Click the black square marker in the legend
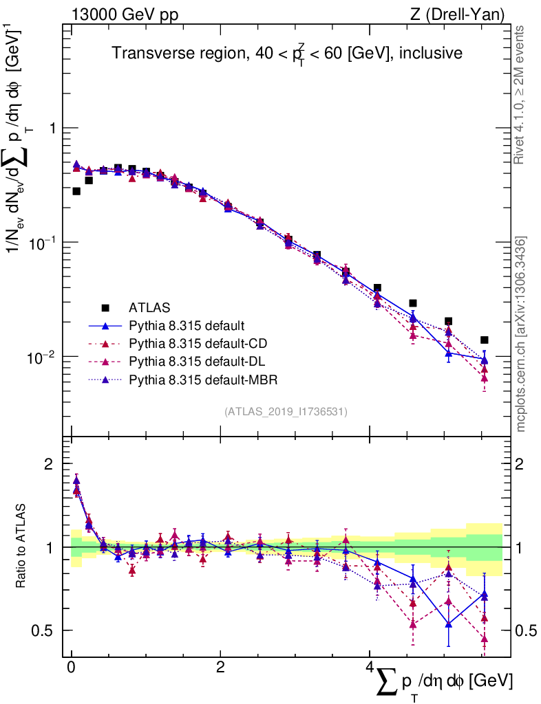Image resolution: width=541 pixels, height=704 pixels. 105,307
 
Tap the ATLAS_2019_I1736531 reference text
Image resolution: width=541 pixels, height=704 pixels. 286,412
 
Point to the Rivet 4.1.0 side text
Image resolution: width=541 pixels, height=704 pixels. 520,96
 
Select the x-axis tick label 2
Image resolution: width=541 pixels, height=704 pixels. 220,668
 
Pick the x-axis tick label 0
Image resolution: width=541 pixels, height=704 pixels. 71,668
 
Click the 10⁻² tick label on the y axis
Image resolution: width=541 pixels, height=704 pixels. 44,357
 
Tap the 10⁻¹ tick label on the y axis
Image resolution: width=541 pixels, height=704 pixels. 44,243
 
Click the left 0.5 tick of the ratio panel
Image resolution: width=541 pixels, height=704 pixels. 48,630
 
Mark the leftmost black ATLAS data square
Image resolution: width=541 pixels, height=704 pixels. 76,191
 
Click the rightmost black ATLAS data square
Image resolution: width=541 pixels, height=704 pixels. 485,340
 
